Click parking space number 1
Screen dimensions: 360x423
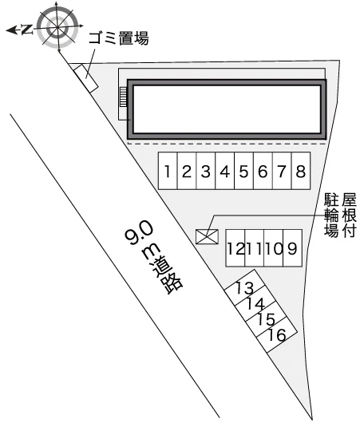(168, 171)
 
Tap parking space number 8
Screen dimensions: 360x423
(301, 171)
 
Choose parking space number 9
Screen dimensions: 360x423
(292, 248)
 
